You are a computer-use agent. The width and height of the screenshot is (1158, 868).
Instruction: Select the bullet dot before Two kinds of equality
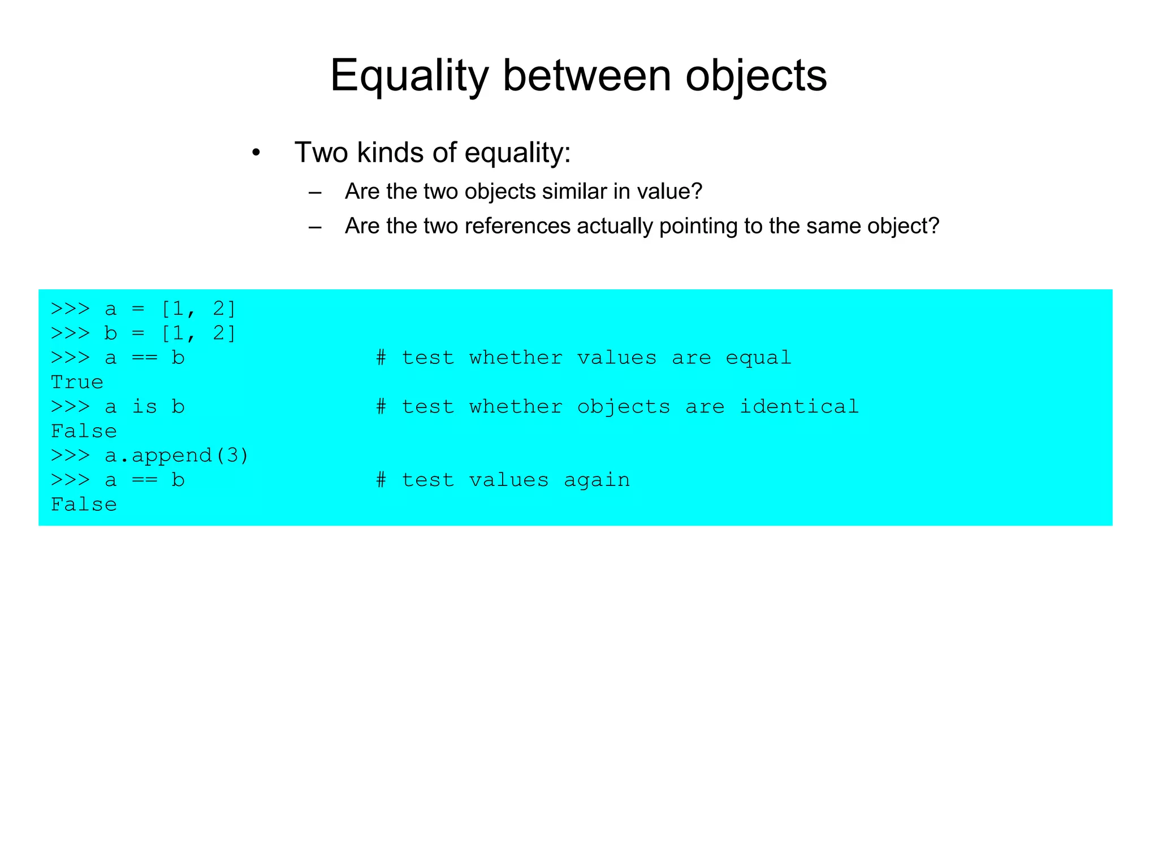[x=256, y=153]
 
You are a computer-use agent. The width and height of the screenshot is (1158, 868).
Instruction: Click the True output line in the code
[x=77, y=383]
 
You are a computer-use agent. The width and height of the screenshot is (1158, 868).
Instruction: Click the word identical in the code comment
[x=799, y=407]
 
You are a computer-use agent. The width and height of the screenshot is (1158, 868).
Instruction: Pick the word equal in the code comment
[x=758, y=358]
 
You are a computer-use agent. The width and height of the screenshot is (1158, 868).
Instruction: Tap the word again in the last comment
[x=597, y=480]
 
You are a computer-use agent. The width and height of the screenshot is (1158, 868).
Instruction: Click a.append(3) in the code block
[x=176, y=455]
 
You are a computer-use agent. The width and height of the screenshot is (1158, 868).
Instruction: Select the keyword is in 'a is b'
[x=144, y=407]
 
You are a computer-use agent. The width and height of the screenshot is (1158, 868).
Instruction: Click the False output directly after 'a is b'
[x=84, y=432]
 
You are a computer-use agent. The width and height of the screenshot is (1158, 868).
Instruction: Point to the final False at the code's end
[x=84, y=505]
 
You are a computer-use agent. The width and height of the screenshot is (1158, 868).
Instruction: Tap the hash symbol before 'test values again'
[x=382, y=480]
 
